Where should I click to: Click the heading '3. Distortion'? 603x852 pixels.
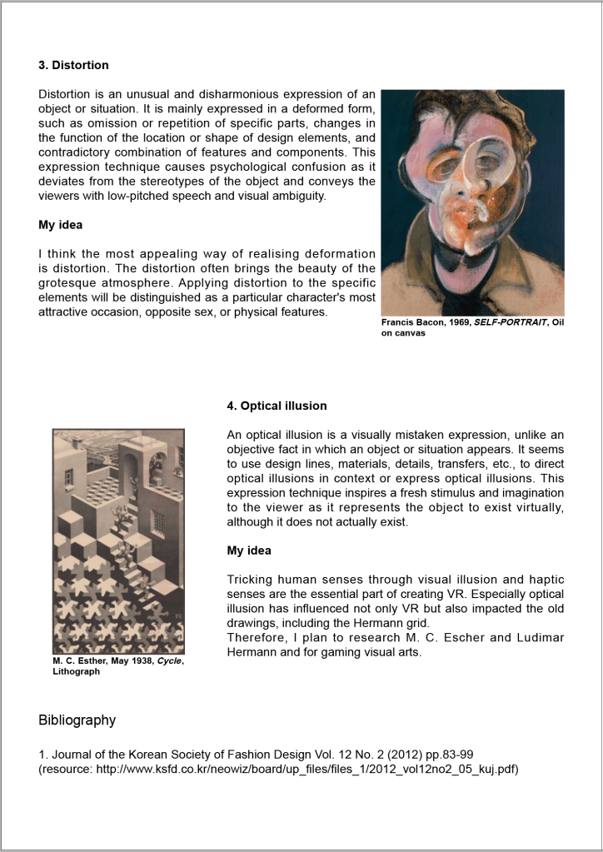(x=73, y=65)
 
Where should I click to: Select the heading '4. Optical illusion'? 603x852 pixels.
(x=277, y=406)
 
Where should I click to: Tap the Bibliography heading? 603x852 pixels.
(x=77, y=720)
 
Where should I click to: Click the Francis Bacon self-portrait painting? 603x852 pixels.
(x=472, y=202)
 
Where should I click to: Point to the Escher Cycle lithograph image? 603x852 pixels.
(x=117, y=541)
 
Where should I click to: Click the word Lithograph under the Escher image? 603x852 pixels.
(x=76, y=671)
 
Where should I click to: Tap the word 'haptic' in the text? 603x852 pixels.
(x=546, y=579)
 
